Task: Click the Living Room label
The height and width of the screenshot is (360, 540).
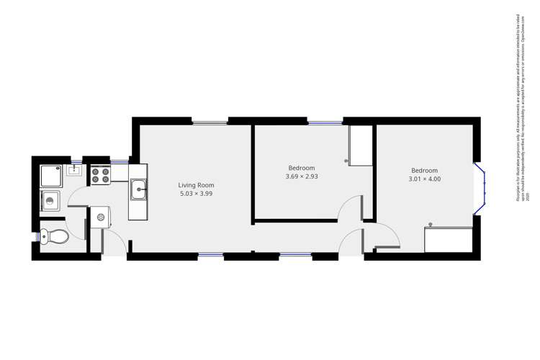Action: tap(197, 185)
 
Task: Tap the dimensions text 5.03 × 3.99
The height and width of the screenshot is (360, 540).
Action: tap(197, 194)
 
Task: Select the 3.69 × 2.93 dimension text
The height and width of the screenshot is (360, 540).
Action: tap(302, 176)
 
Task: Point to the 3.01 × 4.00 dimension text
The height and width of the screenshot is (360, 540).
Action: tap(424, 179)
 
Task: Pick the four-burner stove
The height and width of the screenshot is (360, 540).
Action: tap(99, 174)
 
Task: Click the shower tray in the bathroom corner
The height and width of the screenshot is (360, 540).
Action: tap(51, 175)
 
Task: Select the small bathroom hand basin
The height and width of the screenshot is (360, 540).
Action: tap(73, 171)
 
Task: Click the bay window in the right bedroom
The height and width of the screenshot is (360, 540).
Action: tap(480, 187)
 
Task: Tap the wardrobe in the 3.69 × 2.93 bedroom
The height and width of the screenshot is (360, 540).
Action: tap(360, 145)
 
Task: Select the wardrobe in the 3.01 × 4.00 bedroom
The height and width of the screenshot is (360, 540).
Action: tap(448, 239)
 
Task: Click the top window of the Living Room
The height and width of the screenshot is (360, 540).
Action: tap(210, 122)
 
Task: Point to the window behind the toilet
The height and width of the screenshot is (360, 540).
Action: tap(36, 236)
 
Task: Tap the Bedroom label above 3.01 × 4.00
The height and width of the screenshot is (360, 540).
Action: tap(424, 171)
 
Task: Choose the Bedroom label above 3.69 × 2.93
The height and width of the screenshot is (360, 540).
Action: tap(302, 168)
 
